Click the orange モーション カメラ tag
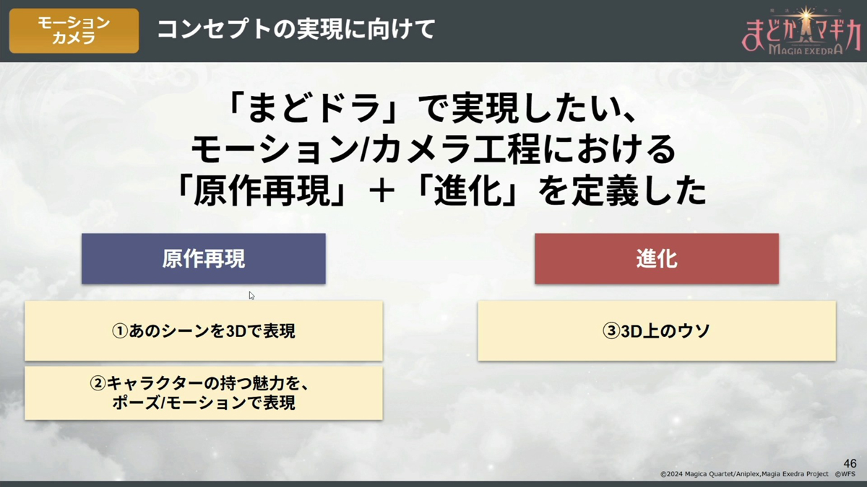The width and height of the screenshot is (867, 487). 74,30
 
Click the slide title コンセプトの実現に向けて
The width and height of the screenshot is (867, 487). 296,30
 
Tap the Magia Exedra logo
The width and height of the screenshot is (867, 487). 801,31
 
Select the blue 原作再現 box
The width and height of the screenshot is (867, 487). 204,258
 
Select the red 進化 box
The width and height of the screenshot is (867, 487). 657,258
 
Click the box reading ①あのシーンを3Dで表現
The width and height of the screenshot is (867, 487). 204,331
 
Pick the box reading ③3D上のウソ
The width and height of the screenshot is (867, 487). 657,331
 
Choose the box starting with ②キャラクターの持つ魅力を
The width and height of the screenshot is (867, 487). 204,393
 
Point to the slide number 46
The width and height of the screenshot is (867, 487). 850,463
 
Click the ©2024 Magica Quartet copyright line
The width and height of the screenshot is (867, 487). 744,474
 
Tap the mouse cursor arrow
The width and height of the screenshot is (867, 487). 251,296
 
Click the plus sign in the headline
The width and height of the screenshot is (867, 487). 382,191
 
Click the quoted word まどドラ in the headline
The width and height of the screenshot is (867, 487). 314,109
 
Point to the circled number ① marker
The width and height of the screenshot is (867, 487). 120,331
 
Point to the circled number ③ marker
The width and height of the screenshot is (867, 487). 611,331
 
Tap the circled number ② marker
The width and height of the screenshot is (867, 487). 98,383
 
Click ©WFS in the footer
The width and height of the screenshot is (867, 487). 845,474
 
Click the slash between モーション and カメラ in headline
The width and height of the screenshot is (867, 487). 364,150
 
